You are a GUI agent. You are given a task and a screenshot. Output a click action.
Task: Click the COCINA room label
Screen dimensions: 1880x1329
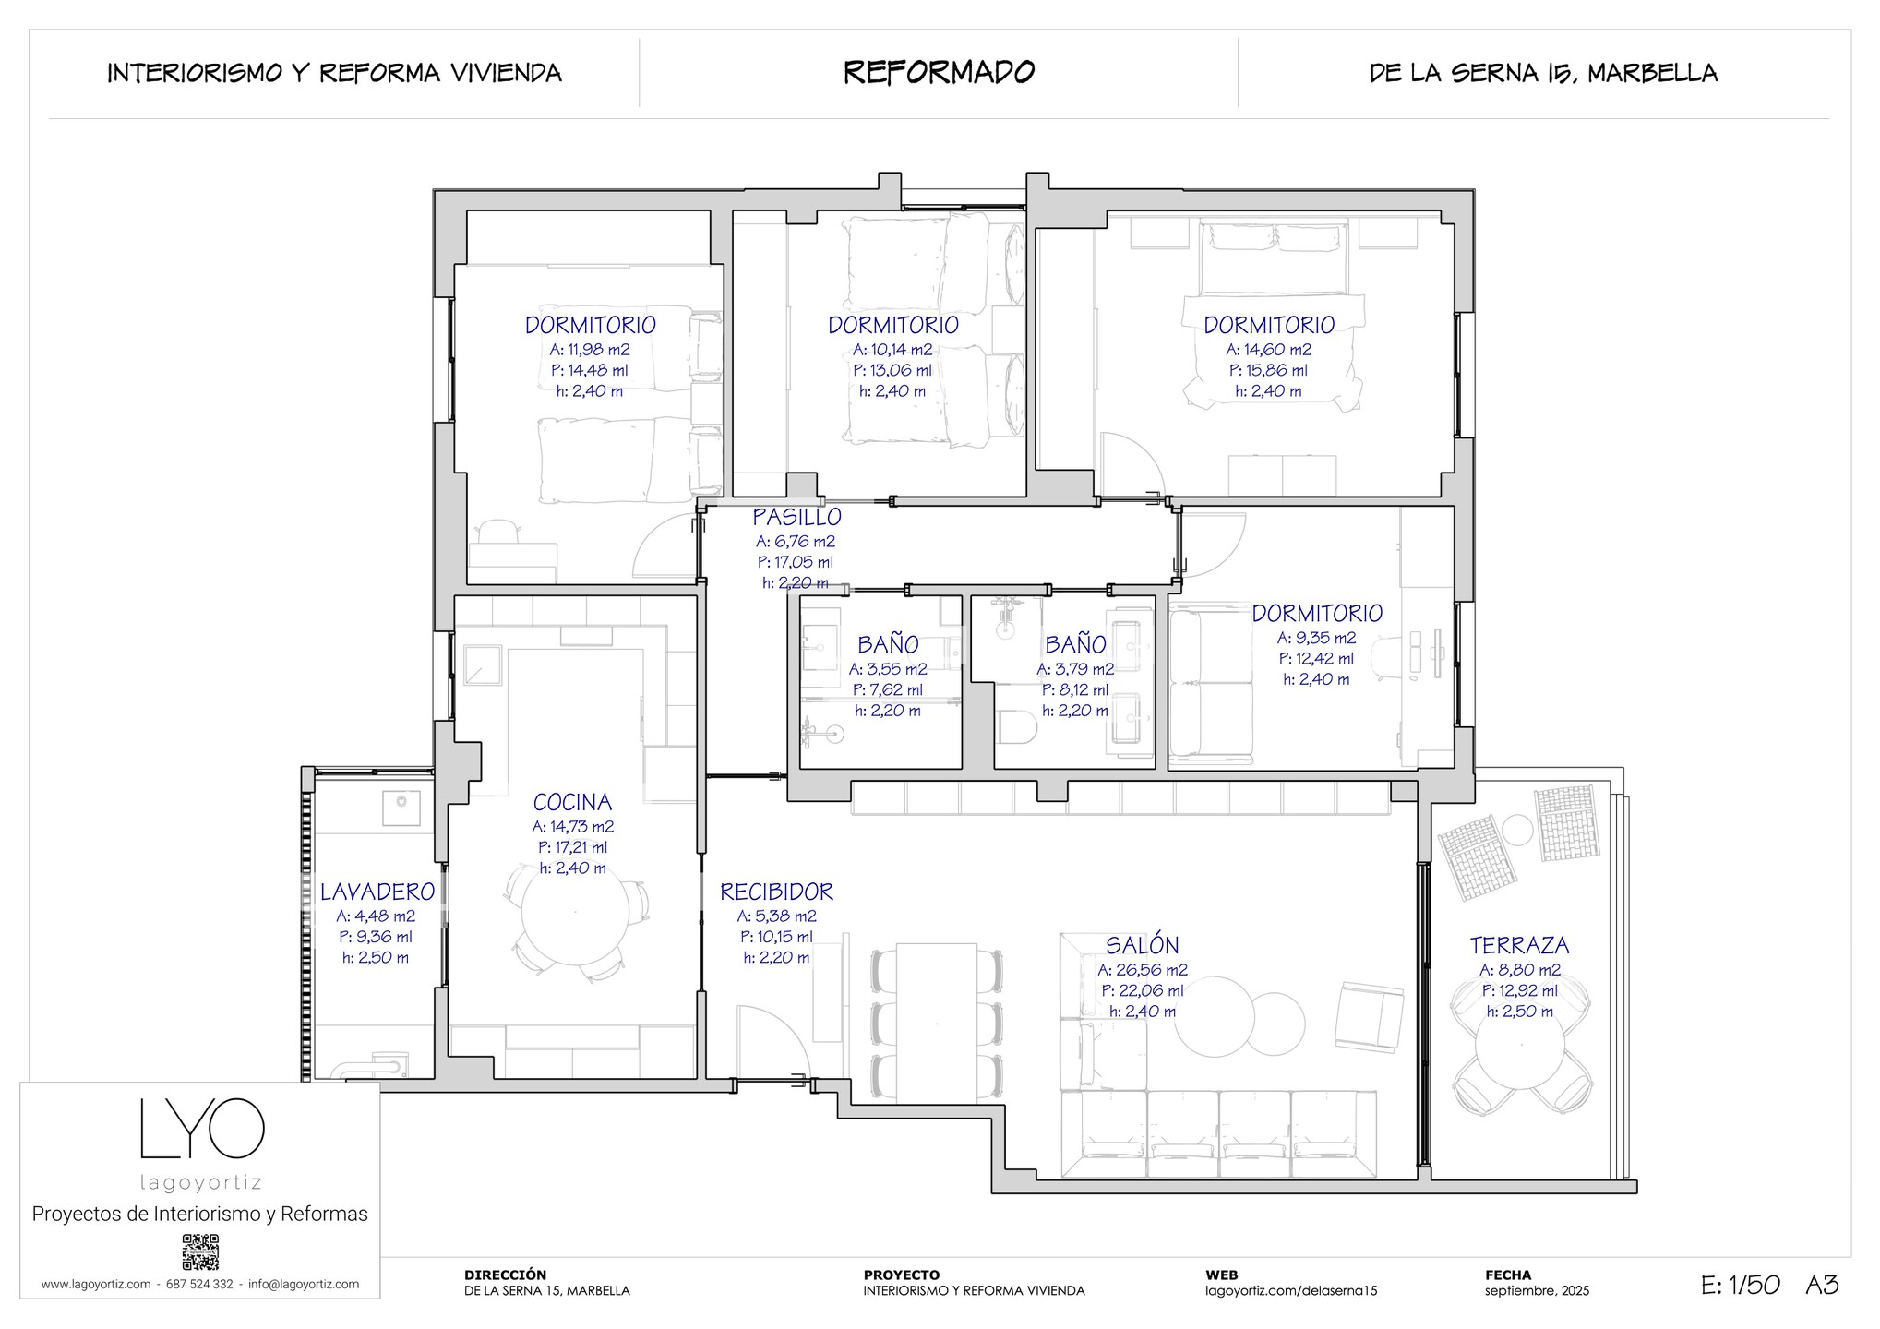tap(572, 802)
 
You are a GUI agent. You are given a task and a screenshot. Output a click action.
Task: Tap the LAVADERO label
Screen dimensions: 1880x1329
tap(377, 892)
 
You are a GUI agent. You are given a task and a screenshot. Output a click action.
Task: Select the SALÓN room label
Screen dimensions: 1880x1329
tap(1143, 945)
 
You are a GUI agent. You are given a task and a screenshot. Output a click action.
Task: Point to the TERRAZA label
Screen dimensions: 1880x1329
tap(1519, 945)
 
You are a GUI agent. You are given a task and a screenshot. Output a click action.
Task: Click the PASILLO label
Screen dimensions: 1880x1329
tap(796, 517)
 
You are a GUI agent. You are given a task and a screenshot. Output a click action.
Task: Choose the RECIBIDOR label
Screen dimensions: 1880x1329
tap(776, 892)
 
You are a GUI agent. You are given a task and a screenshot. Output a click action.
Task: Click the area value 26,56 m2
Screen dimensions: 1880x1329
tap(1143, 970)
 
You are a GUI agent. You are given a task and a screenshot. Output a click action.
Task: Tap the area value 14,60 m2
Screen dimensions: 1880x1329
tap(1269, 350)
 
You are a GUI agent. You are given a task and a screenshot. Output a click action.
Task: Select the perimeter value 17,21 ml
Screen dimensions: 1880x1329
tap(572, 847)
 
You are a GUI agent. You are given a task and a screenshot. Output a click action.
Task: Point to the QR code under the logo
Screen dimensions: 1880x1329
tap(200, 1252)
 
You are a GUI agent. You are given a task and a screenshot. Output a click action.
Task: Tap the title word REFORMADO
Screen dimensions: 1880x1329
tap(940, 72)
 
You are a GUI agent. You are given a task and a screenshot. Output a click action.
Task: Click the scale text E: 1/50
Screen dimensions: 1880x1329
tap(1741, 1285)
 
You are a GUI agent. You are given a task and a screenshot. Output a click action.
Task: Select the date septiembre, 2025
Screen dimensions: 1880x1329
tap(1537, 1291)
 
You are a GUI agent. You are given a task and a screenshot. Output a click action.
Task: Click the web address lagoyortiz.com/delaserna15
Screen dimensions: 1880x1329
tap(1291, 1291)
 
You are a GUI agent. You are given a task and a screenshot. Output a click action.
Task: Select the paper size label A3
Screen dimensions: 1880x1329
tap(1822, 1285)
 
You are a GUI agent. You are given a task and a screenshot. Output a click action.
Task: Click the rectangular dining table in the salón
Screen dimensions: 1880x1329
tap(937, 1019)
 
